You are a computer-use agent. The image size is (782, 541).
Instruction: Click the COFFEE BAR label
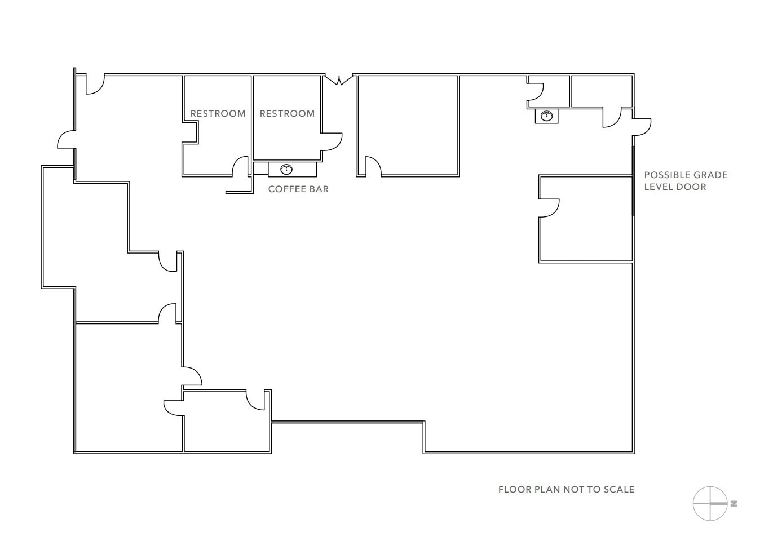[x=298, y=189]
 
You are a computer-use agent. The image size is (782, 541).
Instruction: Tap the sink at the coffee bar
[x=286, y=169]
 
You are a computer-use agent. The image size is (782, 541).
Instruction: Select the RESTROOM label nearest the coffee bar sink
[x=287, y=114]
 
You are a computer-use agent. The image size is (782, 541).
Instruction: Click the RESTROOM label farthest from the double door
[x=218, y=114]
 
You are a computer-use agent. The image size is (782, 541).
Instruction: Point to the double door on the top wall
[x=338, y=79]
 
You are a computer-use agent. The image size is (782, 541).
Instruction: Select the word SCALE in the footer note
[x=619, y=490]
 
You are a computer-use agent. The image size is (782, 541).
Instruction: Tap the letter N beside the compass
[x=734, y=504]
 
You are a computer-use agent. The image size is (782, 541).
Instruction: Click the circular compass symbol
[x=709, y=503]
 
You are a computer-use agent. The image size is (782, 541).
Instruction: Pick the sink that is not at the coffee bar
[x=546, y=116]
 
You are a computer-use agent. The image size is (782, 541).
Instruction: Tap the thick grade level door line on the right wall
[x=633, y=180]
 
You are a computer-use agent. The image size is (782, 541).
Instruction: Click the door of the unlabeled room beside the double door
[x=373, y=167]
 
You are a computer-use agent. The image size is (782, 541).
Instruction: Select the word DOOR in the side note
[x=691, y=187]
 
